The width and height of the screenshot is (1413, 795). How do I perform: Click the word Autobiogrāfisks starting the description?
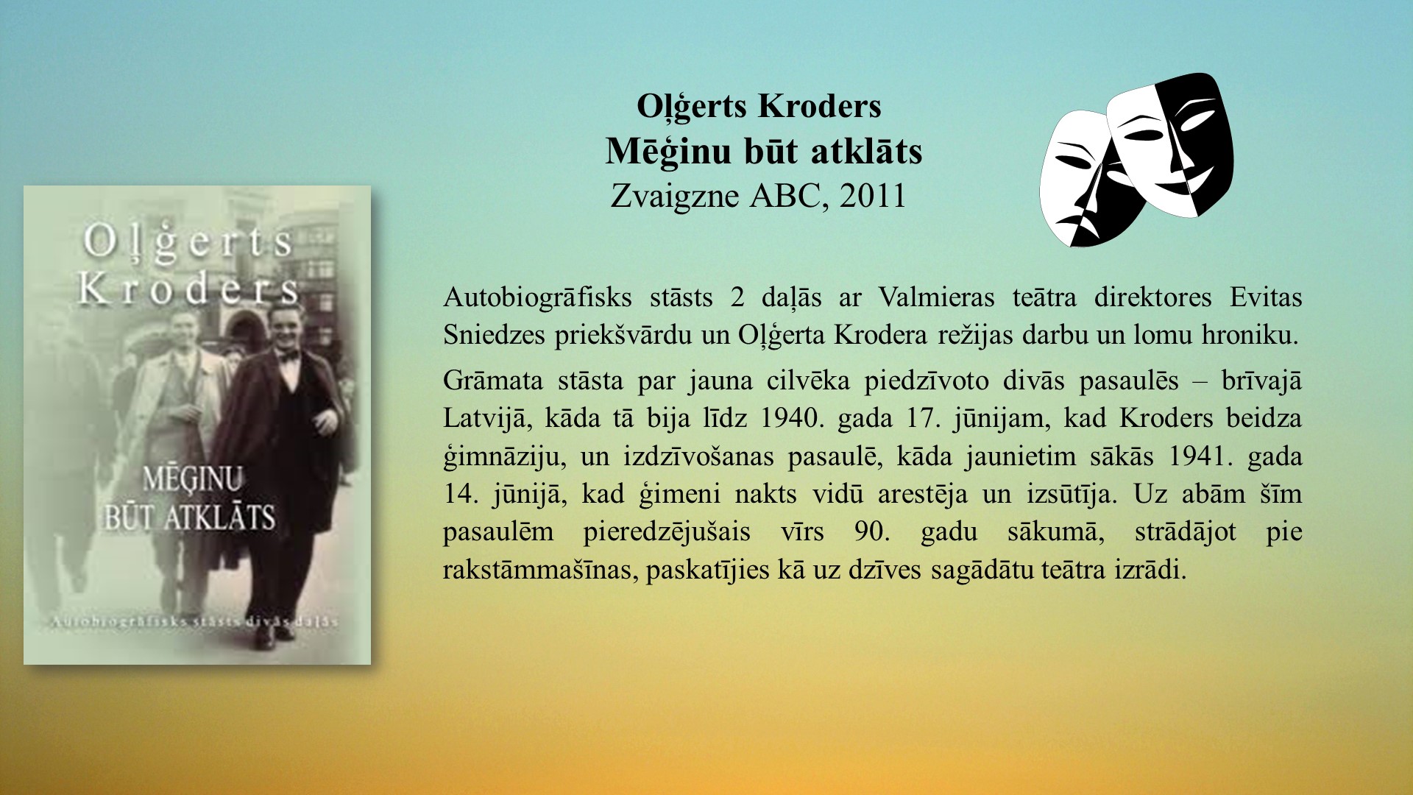point(537,298)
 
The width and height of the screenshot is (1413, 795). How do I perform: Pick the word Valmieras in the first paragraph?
point(936,297)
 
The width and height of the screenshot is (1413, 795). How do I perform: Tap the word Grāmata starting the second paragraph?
point(492,381)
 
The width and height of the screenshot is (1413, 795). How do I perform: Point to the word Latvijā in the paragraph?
point(485,419)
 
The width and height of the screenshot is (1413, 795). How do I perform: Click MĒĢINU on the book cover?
point(192,480)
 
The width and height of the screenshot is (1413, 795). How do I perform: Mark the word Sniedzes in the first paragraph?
point(494,335)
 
